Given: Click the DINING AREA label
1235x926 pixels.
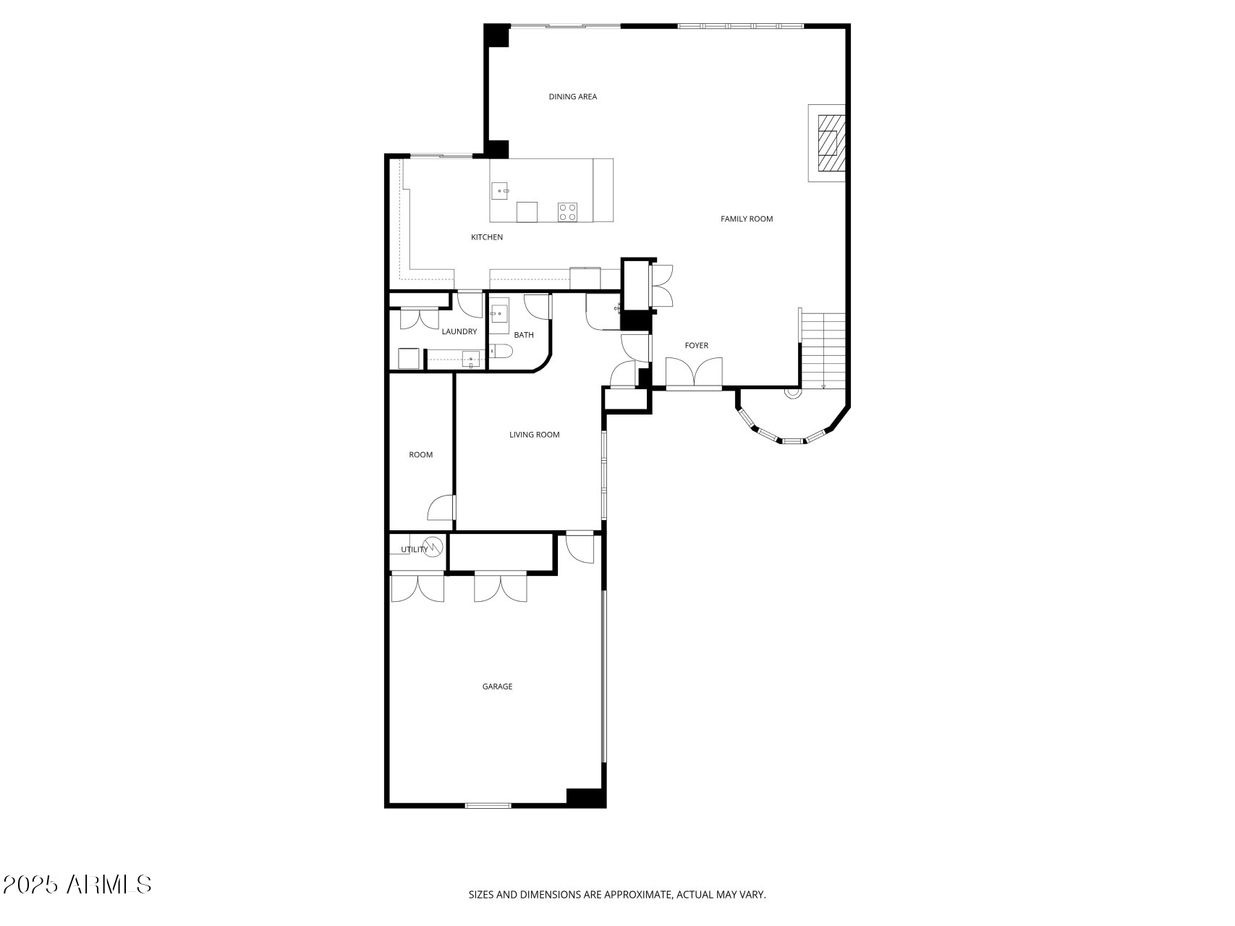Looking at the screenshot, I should click(572, 97).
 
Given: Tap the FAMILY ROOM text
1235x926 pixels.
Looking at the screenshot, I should click(747, 219).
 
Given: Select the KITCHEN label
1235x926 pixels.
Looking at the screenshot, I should click(487, 237).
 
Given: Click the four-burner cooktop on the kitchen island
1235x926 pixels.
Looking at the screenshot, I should click(567, 211).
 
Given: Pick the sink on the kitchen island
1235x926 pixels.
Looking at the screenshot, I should click(500, 191).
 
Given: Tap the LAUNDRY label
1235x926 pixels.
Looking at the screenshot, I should click(459, 332).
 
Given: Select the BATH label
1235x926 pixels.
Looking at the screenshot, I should click(524, 335).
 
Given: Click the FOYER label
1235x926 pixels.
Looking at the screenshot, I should click(697, 346).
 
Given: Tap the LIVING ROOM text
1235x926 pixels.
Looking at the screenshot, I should click(535, 435).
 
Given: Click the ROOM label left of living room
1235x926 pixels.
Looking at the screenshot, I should click(421, 455).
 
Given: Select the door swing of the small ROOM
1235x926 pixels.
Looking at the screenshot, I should click(441, 509).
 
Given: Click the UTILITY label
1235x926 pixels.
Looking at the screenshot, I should click(415, 550).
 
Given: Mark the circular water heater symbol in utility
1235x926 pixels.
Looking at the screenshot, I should click(433, 548).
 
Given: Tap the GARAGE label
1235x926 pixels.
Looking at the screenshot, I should click(497, 687).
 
